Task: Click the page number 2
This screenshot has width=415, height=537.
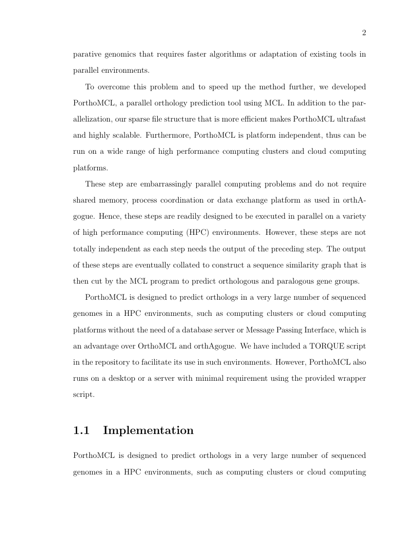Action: pyautogui.click(x=364, y=33)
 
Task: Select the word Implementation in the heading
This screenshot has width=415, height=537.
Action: pyautogui.click(x=148, y=431)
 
